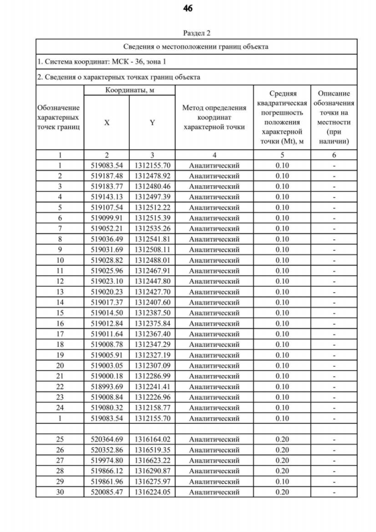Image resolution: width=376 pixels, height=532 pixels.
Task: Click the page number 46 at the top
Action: click(187, 9)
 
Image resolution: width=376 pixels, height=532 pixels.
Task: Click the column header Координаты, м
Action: click(129, 91)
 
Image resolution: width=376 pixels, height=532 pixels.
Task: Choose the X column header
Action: click(106, 123)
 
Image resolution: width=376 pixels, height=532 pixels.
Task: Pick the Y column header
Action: click(152, 123)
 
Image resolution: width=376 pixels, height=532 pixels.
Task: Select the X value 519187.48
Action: click(106, 176)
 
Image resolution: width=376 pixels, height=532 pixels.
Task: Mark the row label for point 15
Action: click(60, 313)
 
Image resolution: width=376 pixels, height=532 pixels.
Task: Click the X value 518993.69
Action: click(106, 386)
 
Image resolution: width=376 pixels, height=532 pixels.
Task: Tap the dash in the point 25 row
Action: click(333, 439)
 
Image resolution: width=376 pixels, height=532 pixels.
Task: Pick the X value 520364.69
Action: click(106, 439)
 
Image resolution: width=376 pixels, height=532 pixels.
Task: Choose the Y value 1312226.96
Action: click(152, 397)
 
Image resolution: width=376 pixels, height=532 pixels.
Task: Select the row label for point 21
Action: click(60, 376)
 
